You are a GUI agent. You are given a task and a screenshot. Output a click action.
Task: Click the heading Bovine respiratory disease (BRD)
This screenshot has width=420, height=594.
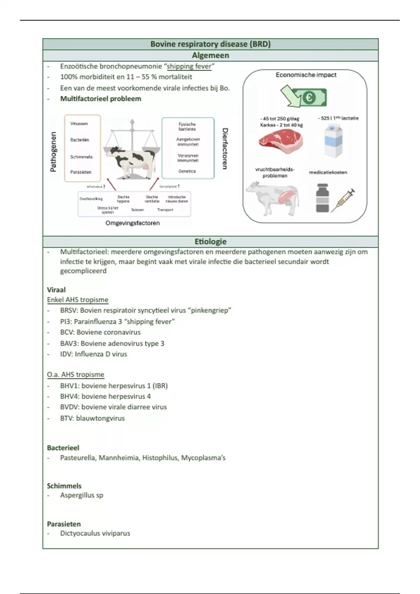pos(210,44)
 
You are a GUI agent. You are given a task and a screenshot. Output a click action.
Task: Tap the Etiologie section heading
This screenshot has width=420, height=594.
pos(210,241)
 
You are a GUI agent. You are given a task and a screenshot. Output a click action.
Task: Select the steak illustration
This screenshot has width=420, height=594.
pos(280,141)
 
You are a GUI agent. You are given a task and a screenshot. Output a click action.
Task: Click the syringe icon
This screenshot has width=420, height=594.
pos(343,200)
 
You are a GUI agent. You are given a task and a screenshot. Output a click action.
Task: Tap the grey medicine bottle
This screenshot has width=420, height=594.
pos(322,198)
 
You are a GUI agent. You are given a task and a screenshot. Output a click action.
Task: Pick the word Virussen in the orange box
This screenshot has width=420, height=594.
pos(79,124)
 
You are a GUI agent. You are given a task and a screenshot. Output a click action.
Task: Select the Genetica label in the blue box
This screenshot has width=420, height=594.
pos(187,172)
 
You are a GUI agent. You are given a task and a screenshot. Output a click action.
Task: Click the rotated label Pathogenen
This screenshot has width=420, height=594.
pos(53,152)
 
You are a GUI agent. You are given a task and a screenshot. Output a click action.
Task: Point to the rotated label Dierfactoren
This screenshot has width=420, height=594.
pos(225,148)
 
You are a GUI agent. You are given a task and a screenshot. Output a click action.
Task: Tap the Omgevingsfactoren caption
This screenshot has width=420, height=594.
pos(133,223)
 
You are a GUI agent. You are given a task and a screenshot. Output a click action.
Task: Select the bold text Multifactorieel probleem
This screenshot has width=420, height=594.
pos(100,99)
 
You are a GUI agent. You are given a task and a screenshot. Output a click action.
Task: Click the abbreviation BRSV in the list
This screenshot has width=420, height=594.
pos(68,310)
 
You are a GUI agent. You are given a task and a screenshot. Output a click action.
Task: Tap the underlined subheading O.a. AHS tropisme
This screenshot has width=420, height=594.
pos(76,375)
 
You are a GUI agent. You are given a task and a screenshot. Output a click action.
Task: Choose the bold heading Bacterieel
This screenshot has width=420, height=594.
pos(63,448)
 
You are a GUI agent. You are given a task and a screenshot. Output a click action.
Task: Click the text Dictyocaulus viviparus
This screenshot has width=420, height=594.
pos(95,533)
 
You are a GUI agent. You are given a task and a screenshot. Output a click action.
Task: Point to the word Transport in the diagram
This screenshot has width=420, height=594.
pos(165,210)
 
